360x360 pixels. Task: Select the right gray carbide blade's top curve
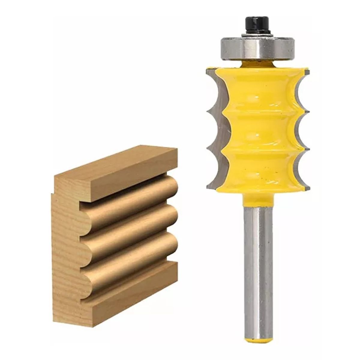[300, 87]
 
